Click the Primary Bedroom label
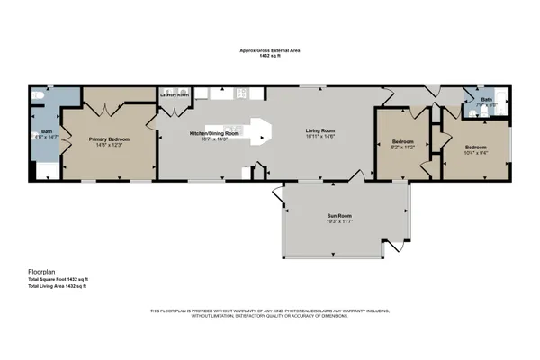click(108, 139)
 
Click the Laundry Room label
click(175, 94)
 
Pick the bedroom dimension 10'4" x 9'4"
click(476, 152)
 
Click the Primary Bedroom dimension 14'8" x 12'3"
click(108, 146)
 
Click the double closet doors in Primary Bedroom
click(107, 111)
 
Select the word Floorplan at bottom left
click(42, 271)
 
